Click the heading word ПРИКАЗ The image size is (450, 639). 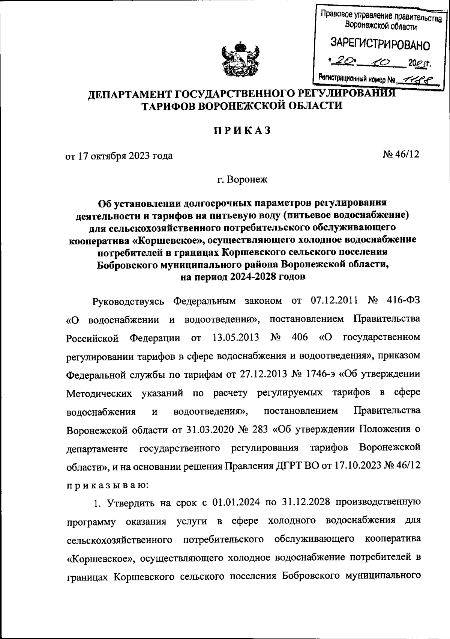click(242, 130)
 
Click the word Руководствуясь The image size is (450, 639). click(128, 301)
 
